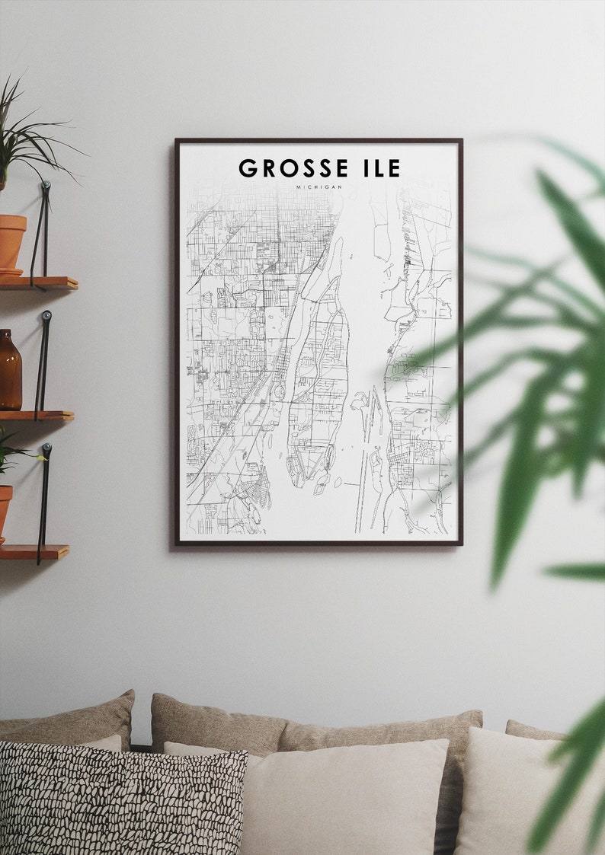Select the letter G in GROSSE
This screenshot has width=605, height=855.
(x=248, y=168)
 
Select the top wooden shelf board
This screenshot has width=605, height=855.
(x=38, y=283)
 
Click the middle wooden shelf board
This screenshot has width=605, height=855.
(x=37, y=416)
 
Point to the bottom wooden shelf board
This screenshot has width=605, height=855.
(x=34, y=551)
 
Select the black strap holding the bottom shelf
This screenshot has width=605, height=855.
(x=43, y=502)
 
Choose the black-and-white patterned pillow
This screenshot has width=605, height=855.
(x=122, y=799)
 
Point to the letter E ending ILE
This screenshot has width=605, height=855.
(x=392, y=168)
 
